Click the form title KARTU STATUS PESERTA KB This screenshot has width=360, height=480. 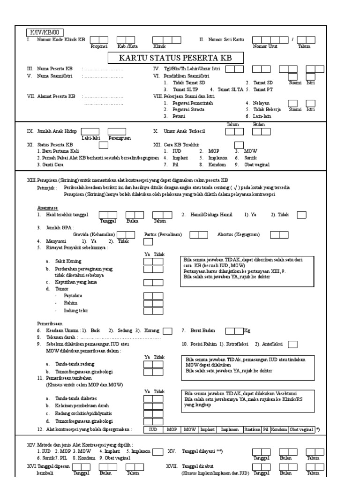pos(176,58)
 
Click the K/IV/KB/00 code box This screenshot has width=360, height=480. pos(43,32)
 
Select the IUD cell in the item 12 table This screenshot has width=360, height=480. pos(153,429)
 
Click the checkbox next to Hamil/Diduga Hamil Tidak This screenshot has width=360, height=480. pos(302,215)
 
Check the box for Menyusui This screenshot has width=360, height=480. pos(148,241)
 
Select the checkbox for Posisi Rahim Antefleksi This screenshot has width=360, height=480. pos(292,345)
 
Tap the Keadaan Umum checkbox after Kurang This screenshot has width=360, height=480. pos(167,331)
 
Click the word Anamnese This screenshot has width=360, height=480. pos(48,207)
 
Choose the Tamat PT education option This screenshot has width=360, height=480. pos(276,89)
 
